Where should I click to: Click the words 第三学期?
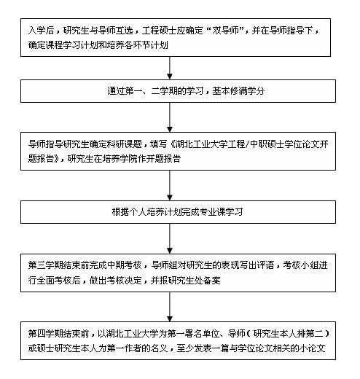(x=44, y=266)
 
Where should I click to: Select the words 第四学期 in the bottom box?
(x=44, y=333)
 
